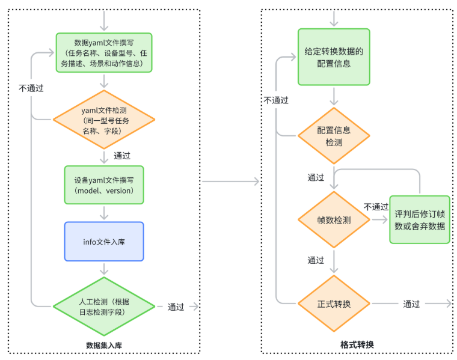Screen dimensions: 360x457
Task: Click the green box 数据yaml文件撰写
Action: tap(104, 53)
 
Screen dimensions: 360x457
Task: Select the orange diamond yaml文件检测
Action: tap(104, 120)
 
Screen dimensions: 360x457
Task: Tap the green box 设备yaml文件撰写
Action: tap(104, 185)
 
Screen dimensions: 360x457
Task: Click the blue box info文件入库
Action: tap(104, 241)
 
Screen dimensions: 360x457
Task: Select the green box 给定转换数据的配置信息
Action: tap(334, 57)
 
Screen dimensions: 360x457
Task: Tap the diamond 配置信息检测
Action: tap(334, 136)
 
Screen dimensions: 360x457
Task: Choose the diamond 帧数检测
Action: tap(334, 220)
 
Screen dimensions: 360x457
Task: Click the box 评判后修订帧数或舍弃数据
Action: tap(419, 220)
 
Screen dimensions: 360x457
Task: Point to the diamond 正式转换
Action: tap(334, 304)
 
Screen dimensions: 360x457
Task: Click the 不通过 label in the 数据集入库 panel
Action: tap(31, 88)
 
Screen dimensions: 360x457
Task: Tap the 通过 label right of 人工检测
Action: tap(176, 307)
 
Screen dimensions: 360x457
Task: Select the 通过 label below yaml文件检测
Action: tap(122, 155)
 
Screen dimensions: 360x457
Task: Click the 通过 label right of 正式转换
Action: tap(411, 304)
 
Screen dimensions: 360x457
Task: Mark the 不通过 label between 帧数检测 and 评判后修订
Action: tap(376, 207)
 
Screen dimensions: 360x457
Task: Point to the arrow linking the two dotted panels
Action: tap(231, 182)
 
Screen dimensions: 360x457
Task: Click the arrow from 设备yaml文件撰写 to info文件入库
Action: tap(104, 212)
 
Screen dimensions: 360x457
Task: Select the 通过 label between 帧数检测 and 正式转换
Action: tap(316, 260)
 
